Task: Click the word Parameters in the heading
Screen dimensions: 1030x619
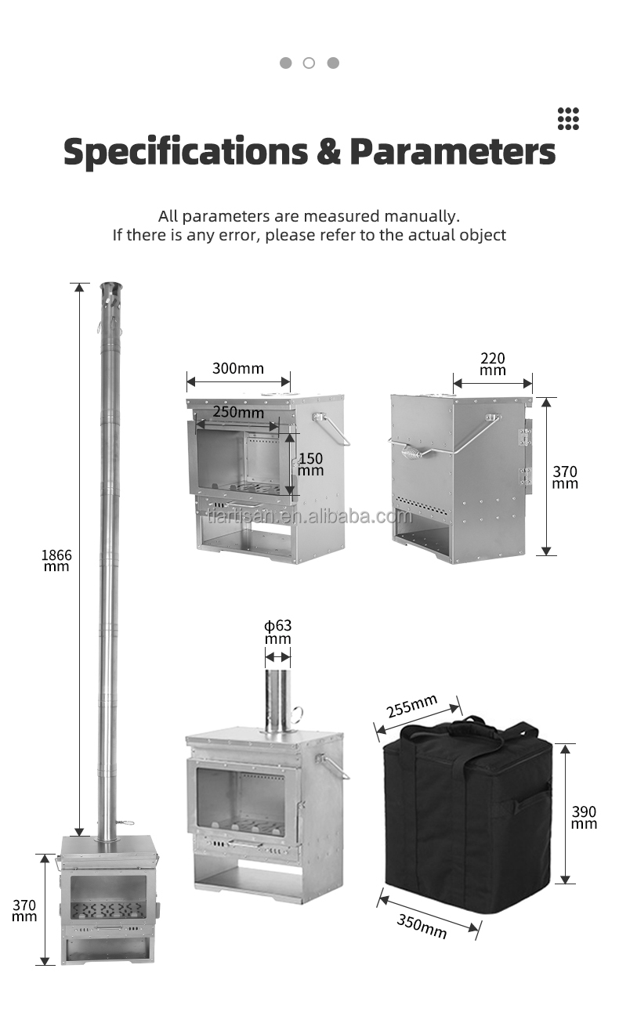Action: pos(453,152)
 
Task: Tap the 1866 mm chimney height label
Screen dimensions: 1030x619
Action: pos(56,560)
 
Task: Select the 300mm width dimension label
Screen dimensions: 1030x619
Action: pos(238,368)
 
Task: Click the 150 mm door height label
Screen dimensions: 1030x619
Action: pos(310,464)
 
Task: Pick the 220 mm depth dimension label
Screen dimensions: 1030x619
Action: pos(493,363)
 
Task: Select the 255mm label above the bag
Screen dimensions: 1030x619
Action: pos(411,707)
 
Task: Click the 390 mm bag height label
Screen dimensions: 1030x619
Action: pos(584,817)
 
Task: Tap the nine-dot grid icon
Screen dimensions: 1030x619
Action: pos(568,118)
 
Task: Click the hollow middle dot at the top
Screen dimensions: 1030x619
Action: pos(309,63)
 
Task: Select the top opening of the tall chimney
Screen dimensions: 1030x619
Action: pos(110,287)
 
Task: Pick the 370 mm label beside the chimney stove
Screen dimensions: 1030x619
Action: pos(24,910)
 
